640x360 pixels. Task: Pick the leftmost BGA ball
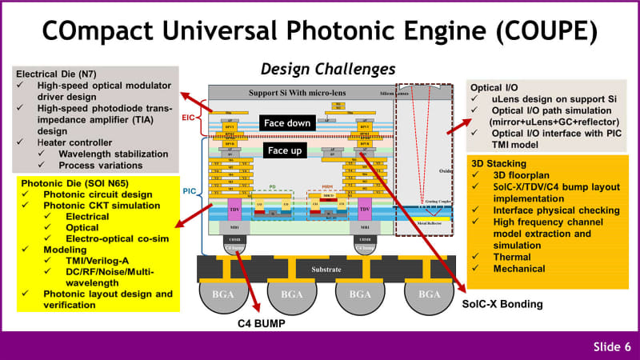coord(222,295)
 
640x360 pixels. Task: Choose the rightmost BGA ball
coord(430,295)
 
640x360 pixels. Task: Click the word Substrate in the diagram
coord(326,270)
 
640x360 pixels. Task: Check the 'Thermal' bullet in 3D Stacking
coord(512,256)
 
